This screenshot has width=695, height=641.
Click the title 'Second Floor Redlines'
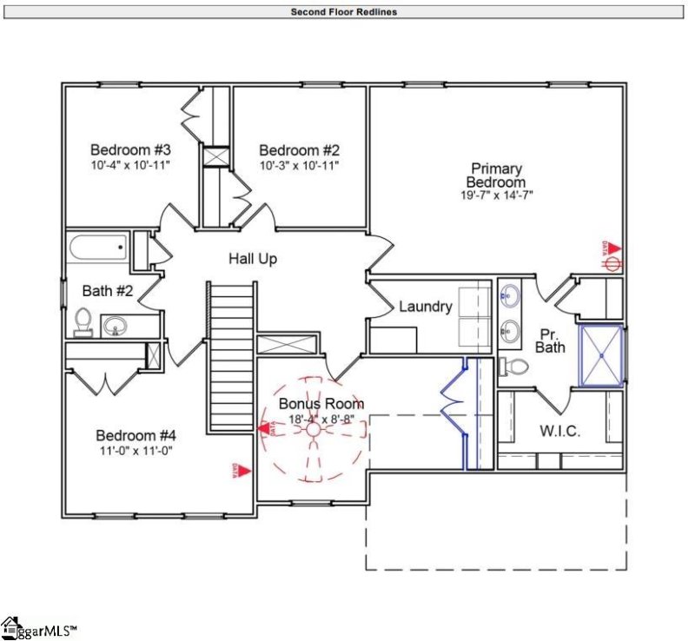[x=343, y=12]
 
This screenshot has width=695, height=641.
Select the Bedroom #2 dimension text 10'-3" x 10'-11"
[x=299, y=164]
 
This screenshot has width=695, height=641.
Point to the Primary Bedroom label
[x=496, y=175]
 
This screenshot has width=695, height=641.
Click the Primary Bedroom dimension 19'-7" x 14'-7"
[x=496, y=195]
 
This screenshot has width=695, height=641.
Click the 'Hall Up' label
[x=253, y=259]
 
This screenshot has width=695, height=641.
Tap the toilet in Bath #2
[x=83, y=321]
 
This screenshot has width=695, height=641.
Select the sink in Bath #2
[x=116, y=327]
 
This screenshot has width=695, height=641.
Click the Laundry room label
[x=425, y=307]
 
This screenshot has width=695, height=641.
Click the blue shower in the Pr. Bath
[x=601, y=354]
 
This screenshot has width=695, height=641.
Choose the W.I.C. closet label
[x=559, y=432]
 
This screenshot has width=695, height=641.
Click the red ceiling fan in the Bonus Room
[x=312, y=429]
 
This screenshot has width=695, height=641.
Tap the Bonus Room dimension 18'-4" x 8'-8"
[x=321, y=420]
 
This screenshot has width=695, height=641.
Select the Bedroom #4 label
[x=136, y=435]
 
